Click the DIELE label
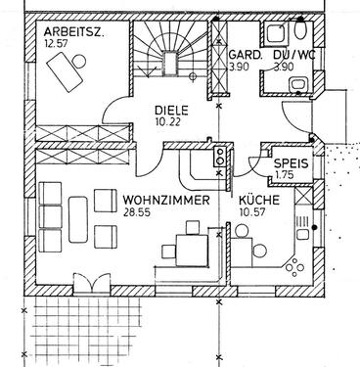170,111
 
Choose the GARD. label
243,55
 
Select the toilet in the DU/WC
298,85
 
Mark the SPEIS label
291,163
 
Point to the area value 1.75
285,175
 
